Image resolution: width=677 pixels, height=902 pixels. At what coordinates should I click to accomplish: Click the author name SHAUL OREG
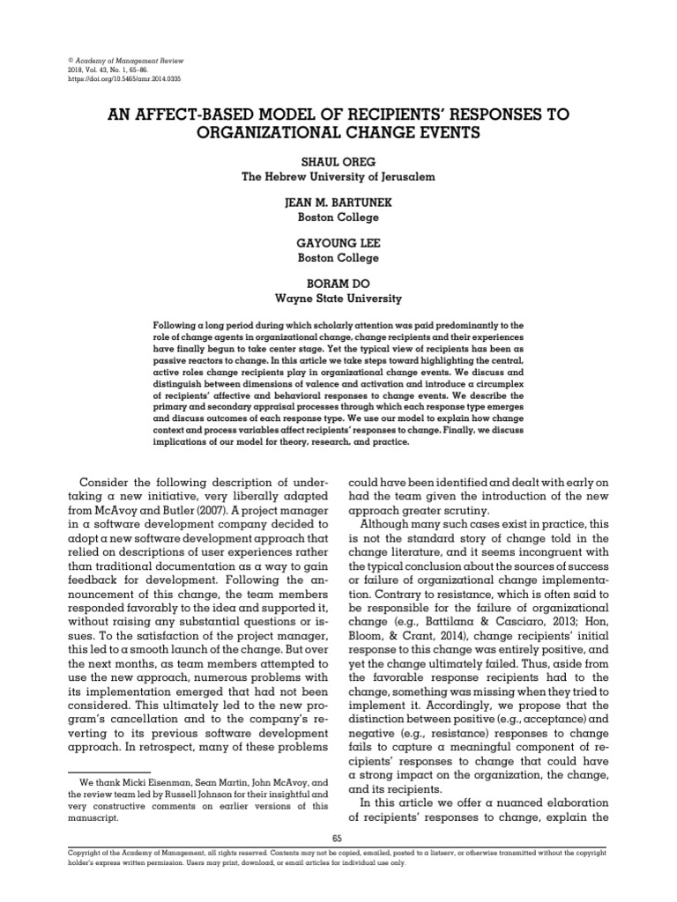[339, 161]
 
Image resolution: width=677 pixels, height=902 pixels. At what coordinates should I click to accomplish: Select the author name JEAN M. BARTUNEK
[339, 202]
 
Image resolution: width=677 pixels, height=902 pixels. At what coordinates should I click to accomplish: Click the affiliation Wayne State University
[339, 298]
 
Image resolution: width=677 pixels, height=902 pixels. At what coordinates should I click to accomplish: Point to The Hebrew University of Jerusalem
[339, 176]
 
